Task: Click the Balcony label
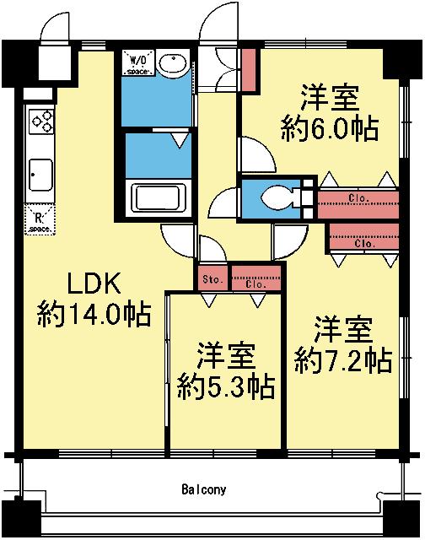pos(204,489)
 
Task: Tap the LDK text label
pos(94,283)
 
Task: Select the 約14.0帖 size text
pos(94,314)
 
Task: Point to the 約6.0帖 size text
pos(330,128)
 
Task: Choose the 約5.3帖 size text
pos(225,386)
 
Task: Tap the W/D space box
pos(138,62)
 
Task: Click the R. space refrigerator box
pos(40,219)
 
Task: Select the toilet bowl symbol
pos(277,198)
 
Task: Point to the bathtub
pos(158,197)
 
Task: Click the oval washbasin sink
pos(173,63)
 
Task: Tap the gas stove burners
pos(41,121)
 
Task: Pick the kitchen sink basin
pos(41,175)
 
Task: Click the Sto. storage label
pos(212,278)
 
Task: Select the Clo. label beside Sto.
pos(256,284)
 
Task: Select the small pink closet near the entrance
pos(249,69)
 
